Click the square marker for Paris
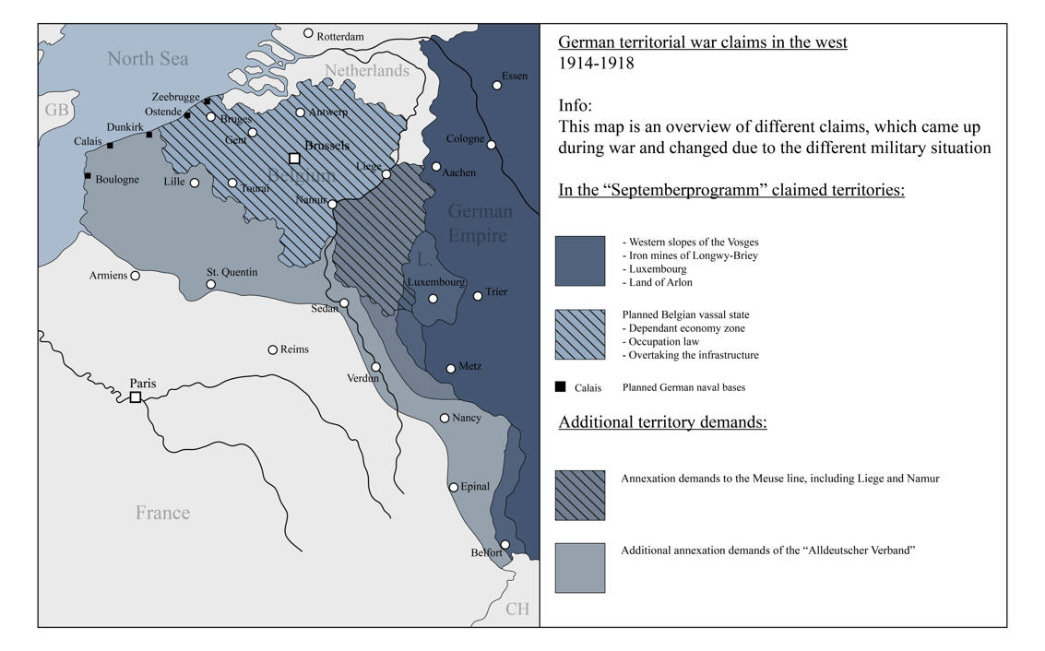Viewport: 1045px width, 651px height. [x=136, y=397]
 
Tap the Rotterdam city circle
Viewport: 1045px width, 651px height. [x=309, y=33]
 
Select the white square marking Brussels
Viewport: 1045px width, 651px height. [x=294, y=158]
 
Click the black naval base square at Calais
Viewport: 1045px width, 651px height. [x=111, y=145]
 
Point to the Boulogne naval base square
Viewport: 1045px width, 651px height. [x=88, y=175]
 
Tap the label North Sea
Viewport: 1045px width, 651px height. [x=148, y=59]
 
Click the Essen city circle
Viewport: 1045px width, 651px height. [x=497, y=85]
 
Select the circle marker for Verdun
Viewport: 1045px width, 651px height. [x=375, y=366]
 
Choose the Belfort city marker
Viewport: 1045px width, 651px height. [x=505, y=544]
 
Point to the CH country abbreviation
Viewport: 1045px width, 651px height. [x=517, y=609]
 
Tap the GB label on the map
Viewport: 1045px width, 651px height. [x=56, y=111]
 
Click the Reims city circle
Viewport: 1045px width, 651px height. [x=272, y=349]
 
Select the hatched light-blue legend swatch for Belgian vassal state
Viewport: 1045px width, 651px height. [x=580, y=335]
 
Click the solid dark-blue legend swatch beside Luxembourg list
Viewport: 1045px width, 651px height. [x=580, y=261]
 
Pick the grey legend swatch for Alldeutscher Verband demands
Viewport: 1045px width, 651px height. [x=580, y=567]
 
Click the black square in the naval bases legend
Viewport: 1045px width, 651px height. [x=560, y=387]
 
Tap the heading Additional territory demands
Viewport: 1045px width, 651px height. [x=662, y=423]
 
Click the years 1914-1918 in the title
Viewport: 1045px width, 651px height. [x=596, y=64]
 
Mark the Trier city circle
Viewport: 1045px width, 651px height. [x=478, y=296]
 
